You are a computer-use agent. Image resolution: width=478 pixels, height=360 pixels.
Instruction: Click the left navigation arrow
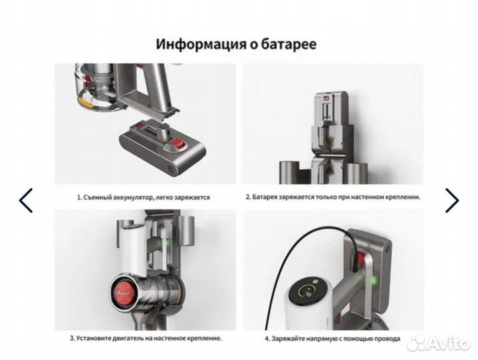tap(25, 200)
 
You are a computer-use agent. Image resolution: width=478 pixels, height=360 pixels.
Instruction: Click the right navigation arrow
tap(452, 200)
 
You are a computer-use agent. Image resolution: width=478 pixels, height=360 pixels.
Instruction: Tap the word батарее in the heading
tap(288, 44)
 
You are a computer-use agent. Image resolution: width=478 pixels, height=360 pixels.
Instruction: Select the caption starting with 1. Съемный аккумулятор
tap(143, 197)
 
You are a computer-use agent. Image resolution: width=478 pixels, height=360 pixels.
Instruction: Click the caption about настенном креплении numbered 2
tap(333, 197)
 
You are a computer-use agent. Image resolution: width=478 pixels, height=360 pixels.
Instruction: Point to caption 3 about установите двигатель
tap(146, 339)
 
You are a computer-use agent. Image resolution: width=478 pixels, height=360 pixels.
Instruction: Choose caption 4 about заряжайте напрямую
tap(332, 339)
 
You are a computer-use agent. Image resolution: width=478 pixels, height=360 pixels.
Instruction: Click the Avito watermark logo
tap(439, 343)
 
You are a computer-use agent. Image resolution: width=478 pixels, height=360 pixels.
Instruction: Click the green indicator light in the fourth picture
tap(373, 279)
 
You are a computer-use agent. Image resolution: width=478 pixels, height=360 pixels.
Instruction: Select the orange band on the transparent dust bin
tap(85, 103)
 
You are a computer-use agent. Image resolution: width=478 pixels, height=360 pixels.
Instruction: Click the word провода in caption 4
tap(388, 339)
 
